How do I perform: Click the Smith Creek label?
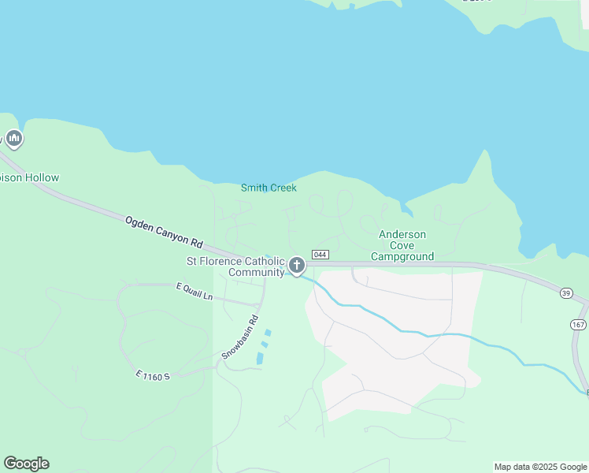[x=269, y=188]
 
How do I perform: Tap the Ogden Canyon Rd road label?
[x=164, y=233]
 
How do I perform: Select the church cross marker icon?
[x=296, y=266]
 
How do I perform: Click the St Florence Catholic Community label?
[x=235, y=266]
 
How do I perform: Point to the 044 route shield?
[x=320, y=254]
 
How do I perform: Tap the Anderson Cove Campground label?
[x=402, y=245]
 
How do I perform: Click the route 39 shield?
[x=566, y=293]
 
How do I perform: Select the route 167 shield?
[x=579, y=325]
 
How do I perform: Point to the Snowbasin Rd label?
[x=240, y=337]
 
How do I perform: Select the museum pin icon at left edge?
[x=13, y=140]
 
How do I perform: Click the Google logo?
[x=26, y=464]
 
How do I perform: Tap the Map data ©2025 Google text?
[x=540, y=467]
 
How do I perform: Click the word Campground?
[x=402, y=256]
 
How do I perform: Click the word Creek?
[x=283, y=188]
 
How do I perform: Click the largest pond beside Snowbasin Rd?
[x=260, y=358]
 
